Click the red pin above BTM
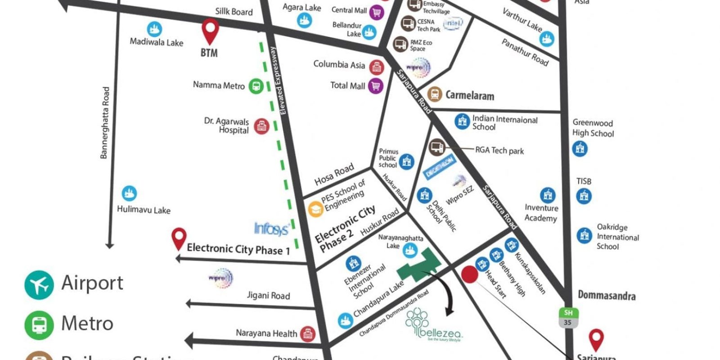210,31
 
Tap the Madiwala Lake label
156,42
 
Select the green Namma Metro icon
256,86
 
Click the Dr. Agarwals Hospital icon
261,126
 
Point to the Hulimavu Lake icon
129,193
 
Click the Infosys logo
271,229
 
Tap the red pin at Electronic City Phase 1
179,238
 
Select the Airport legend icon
39,285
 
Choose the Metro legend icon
39,324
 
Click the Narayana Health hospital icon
307,333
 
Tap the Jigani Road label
268,296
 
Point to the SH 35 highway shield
568,317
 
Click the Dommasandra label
607,296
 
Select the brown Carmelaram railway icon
434,94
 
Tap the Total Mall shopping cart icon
375,85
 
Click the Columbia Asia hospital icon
376,67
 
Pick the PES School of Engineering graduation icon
315,209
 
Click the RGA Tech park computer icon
436,146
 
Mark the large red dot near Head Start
469,274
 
